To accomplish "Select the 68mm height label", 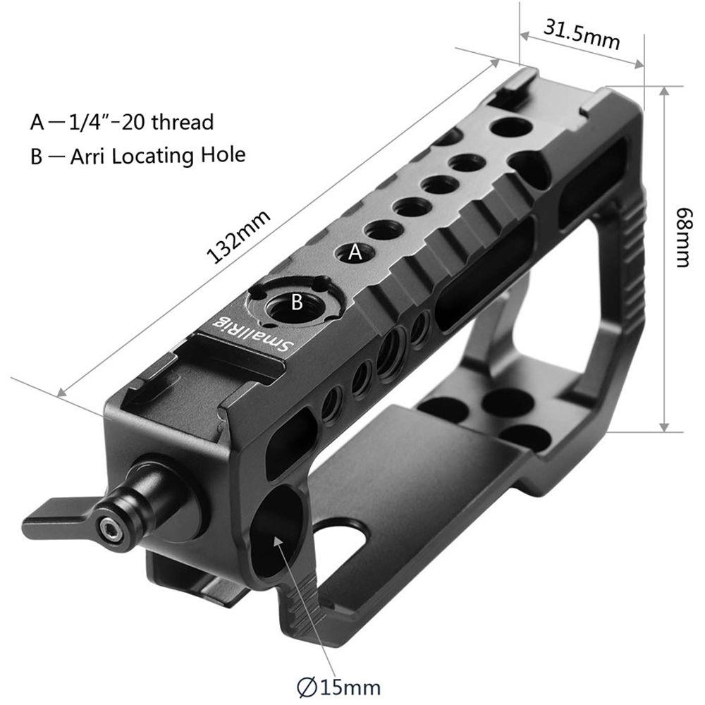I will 682,237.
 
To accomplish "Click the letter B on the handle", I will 297,303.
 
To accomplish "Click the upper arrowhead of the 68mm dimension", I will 665,92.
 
